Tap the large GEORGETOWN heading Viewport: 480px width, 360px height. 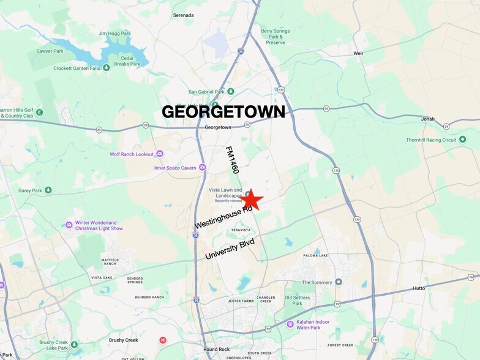223,111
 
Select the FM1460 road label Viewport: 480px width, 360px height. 231,160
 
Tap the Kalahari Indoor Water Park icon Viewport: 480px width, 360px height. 290,324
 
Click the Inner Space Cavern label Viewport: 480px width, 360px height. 175,168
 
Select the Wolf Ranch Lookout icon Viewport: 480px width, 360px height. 160,154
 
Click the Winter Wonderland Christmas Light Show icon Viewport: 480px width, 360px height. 69,225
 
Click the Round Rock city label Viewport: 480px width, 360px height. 216,350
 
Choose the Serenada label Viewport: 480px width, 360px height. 183,15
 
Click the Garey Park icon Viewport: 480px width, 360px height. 48,190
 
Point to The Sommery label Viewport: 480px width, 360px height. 317,282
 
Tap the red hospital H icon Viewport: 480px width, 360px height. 163,340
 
